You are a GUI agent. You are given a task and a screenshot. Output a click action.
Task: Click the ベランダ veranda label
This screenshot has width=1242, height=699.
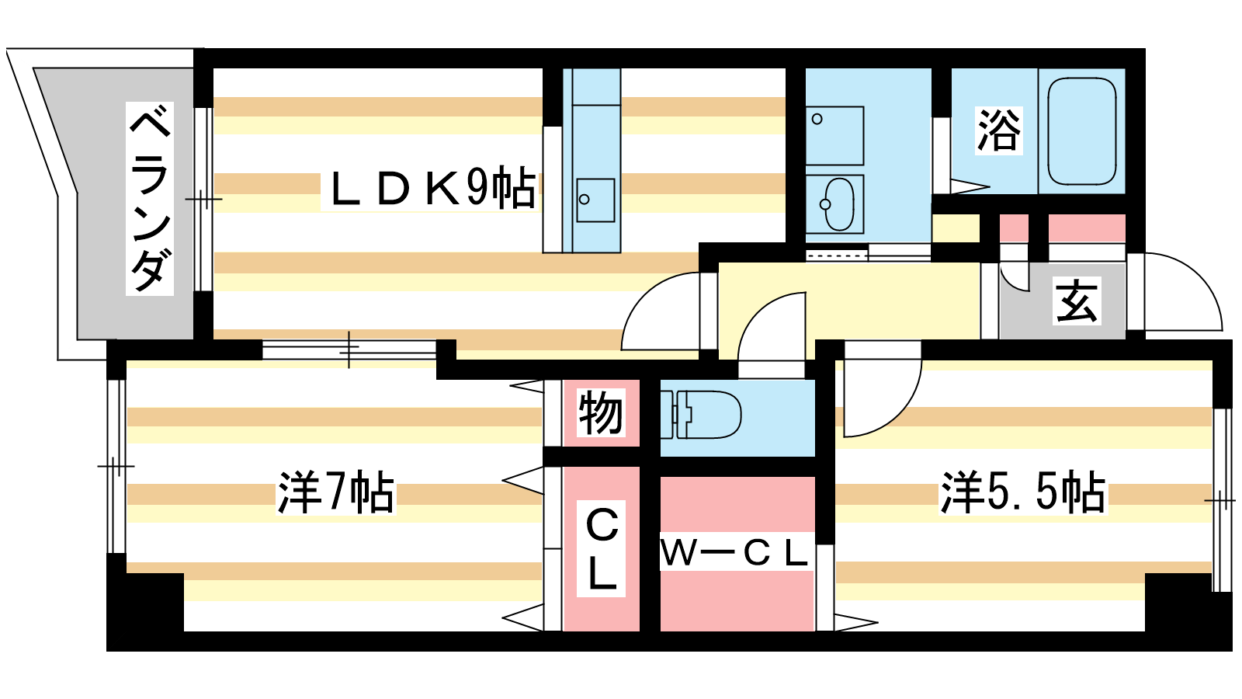[150, 198]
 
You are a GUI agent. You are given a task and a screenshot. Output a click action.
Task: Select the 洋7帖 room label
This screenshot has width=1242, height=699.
[336, 492]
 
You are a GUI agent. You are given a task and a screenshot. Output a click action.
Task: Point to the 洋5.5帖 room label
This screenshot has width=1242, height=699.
[1023, 492]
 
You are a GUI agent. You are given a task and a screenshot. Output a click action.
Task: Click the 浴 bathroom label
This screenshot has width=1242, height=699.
[998, 130]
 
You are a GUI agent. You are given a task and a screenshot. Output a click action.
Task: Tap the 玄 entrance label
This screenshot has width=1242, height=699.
[1077, 302]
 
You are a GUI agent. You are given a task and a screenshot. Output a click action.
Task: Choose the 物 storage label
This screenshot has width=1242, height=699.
[601, 412]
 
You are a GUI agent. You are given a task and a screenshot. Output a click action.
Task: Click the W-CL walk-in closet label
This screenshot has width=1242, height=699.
[734, 553]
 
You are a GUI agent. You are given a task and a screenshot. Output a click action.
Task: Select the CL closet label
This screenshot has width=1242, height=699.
[602, 548]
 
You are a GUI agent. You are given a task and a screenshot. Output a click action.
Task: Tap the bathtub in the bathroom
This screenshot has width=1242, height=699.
[1082, 131]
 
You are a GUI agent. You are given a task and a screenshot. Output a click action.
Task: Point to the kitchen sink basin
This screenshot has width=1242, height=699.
[595, 200]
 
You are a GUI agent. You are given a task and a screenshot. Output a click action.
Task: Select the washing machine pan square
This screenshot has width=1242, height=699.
[834, 135]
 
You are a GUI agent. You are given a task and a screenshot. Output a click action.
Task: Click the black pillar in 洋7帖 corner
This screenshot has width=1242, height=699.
[145, 602]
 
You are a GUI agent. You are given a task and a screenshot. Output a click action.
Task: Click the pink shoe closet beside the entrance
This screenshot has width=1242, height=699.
[1086, 228]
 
